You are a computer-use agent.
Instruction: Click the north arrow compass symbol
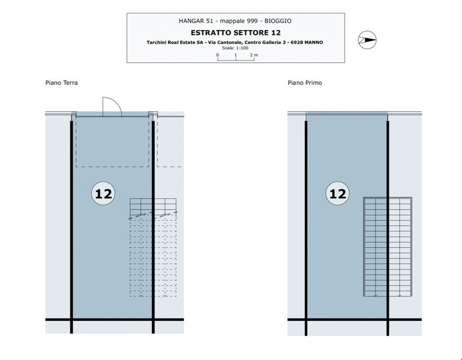pyautogui.click(x=367, y=40)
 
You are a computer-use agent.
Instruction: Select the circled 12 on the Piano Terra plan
pyautogui.click(x=103, y=193)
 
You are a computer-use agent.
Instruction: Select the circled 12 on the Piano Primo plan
pyautogui.click(x=337, y=193)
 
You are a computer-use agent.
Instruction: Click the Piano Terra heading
pyautogui.click(x=62, y=82)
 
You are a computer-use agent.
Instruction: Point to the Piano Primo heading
pyautogui.click(x=305, y=82)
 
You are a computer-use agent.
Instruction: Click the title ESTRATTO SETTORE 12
pyautogui.click(x=236, y=32)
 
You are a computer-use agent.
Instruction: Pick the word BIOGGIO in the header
pyautogui.click(x=278, y=21)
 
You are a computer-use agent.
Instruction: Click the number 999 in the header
pyautogui.click(x=252, y=21)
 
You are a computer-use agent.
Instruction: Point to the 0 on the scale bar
pyautogui.click(x=218, y=55)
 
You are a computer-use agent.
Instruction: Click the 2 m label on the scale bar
pyautogui.click(x=254, y=55)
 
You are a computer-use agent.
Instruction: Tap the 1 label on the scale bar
pyautogui.click(x=236, y=55)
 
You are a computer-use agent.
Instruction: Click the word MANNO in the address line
pyautogui.click(x=314, y=42)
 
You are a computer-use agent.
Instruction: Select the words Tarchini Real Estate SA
pyautogui.click(x=175, y=42)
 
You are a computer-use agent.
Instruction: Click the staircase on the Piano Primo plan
pyautogui.click(x=388, y=247)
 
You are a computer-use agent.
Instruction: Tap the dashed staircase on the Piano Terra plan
pyautogui.click(x=153, y=247)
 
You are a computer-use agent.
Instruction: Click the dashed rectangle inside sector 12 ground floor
pyautogui.click(x=112, y=142)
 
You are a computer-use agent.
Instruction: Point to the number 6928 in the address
pyautogui.click(x=297, y=42)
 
